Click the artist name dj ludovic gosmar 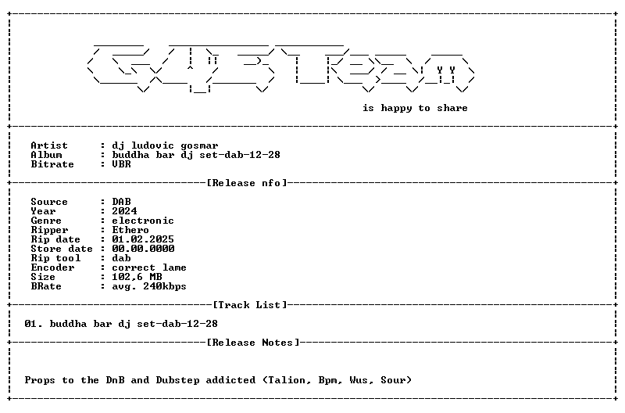click(x=165, y=145)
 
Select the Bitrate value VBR click(x=121, y=164)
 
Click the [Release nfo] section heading click(x=247, y=183)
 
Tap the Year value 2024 click(x=124, y=210)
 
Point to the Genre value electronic click(x=143, y=221)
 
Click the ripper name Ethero click(x=130, y=230)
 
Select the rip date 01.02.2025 click(x=143, y=239)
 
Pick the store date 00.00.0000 click(x=143, y=249)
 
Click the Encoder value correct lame click(x=149, y=268)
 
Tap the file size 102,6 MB click(x=137, y=277)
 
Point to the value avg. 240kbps click(x=149, y=286)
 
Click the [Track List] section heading click(x=250, y=305)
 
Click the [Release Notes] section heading click(x=253, y=343)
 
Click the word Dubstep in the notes click(x=178, y=380)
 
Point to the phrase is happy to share click(x=415, y=108)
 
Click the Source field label click(x=49, y=202)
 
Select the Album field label click(x=46, y=155)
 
